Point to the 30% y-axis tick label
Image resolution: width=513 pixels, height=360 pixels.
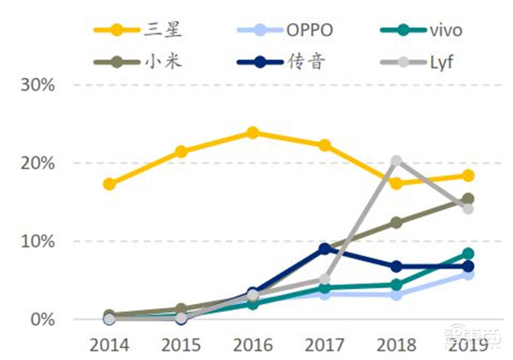(38, 85)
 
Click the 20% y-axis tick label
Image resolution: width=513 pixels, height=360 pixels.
(38, 163)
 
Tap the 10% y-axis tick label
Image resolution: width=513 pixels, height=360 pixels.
(38, 241)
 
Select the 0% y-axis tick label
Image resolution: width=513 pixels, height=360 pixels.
(43, 319)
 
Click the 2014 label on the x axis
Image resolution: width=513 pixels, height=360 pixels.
(109, 345)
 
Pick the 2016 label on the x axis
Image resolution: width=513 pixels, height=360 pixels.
(253, 345)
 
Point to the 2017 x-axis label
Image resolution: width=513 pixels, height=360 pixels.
(324, 345)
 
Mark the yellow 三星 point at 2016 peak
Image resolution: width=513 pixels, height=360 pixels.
(253, 133)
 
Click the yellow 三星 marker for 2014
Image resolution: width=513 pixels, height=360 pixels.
(109, 184)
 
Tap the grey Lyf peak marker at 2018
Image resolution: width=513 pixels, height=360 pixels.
(396, 160)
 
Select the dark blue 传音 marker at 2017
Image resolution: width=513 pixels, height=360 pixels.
(324, 248)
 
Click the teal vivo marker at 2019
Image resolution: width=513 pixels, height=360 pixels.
(468, 253)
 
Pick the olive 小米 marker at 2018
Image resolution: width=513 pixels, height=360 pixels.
(396, 223)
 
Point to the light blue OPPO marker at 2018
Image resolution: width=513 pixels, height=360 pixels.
(396, 295)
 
